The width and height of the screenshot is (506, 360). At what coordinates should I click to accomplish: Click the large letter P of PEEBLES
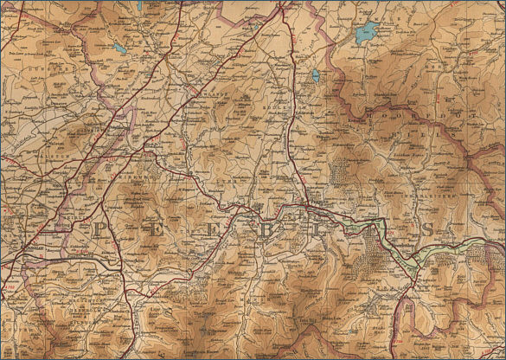pos(98,228)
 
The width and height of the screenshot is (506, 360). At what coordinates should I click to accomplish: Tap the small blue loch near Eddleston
pos(316,76)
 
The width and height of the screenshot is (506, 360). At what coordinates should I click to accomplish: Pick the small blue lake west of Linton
pos(119,48)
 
